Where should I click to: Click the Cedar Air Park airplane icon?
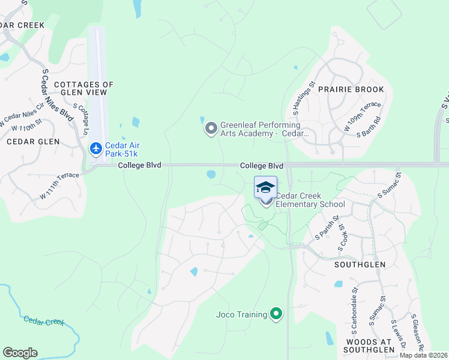96,148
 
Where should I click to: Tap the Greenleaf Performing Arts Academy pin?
211,129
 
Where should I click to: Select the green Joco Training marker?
276,314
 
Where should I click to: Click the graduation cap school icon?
265,188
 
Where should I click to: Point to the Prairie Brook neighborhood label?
359,89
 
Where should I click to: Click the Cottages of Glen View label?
80,88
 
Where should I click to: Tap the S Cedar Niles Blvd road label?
58,95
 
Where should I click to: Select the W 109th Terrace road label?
362,117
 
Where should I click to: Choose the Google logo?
20,353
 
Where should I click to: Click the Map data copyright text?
423,355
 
